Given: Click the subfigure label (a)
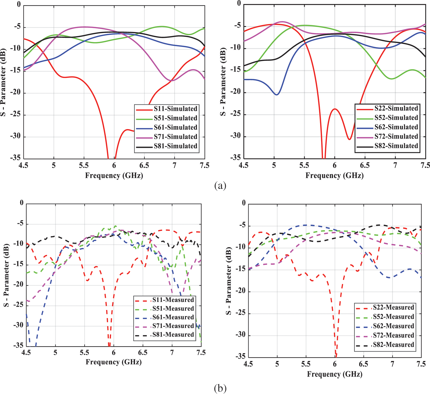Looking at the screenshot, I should pos(220,185).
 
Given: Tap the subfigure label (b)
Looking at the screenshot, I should pos(220,388).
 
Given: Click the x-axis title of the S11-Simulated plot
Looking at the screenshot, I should pos(114,176).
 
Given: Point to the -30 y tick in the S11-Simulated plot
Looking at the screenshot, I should pos(15,136).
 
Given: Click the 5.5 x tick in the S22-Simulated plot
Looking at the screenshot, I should pos(304,165).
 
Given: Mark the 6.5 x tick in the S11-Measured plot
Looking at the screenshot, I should pos(143,352).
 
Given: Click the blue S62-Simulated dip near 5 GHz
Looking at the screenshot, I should pos(277,94).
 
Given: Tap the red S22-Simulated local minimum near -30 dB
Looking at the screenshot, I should pos(349,139).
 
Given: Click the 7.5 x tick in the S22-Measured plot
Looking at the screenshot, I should pos(421,364).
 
